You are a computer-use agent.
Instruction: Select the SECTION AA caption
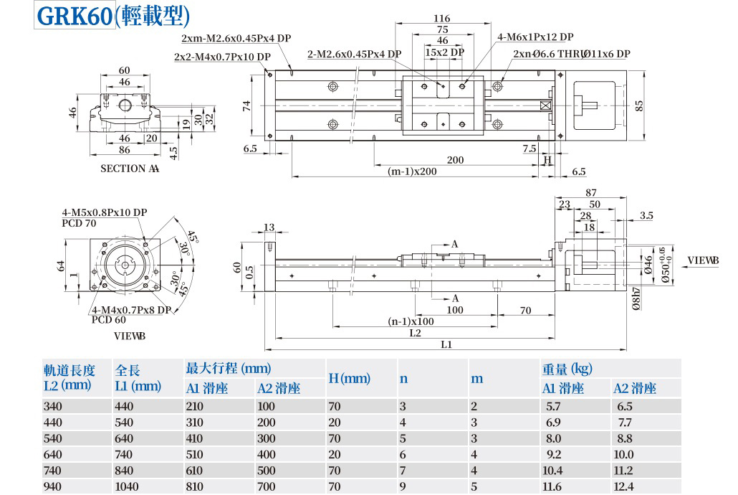click(x=130, y=169)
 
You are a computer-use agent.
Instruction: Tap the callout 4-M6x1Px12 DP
click(x=535, y=37)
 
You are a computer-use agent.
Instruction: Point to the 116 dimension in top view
click(x=442, y=19)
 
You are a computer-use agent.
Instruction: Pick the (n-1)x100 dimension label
click(x=411, y=321)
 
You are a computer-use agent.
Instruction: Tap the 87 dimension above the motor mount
click(x=591, y=192)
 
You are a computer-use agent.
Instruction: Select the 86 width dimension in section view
click(x=124, y=150)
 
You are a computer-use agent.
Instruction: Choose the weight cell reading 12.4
click(x=623, y=486)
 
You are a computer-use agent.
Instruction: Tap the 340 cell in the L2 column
click(x=53, y=406)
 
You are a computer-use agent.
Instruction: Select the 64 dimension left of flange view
click(x=62, y=267)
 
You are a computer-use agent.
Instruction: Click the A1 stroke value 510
click(x=195, y=454)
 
